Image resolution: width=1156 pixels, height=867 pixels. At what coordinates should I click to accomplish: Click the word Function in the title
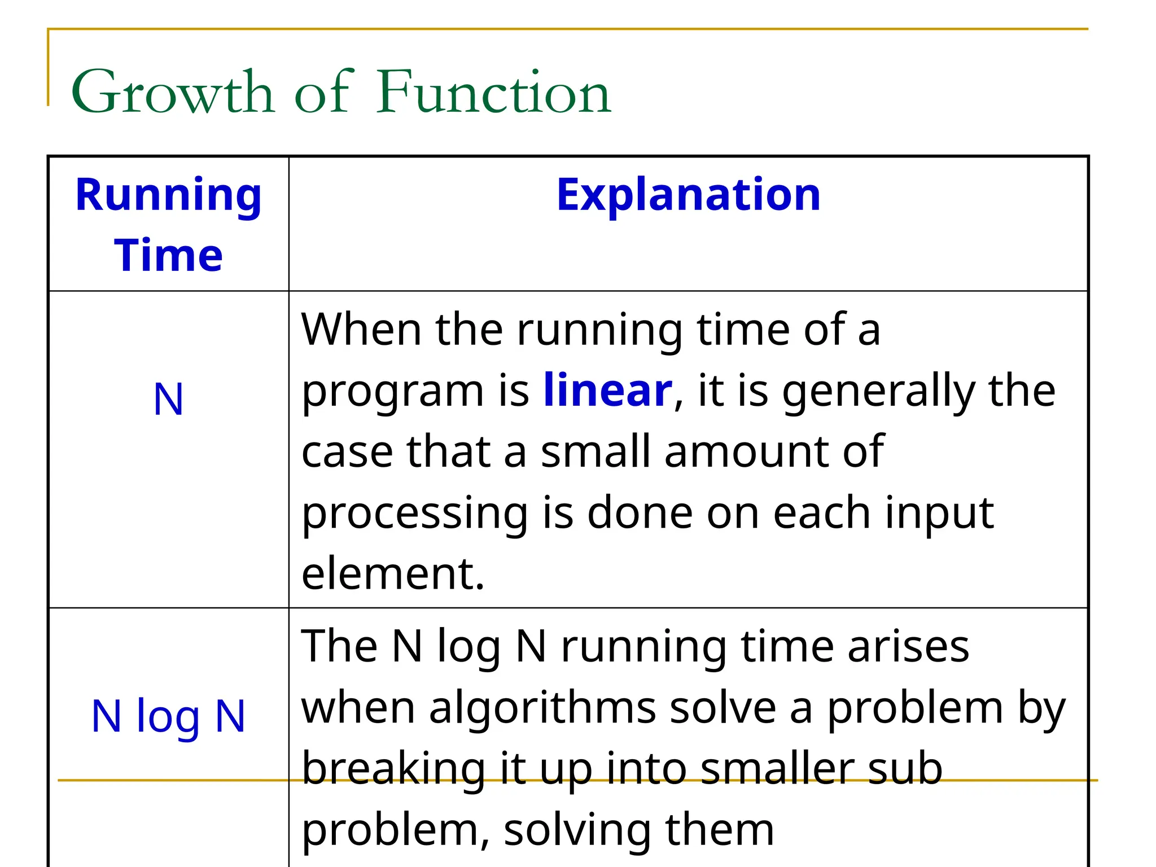tap(494, 92)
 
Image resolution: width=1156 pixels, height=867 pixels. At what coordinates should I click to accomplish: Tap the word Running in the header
tap(168, 195)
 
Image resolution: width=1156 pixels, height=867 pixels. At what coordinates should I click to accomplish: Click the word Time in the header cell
tap(168, 255)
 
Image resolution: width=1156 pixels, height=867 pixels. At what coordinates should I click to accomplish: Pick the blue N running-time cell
tap(168, 400)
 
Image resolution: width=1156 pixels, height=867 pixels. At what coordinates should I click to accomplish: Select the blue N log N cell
tap(168, 716)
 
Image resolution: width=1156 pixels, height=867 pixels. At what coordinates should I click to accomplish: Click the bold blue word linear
tap(607, 391)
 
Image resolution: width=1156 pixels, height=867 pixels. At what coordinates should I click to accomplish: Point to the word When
tap(361, 329)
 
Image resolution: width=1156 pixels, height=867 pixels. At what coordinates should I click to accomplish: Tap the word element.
tap(393, 573)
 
